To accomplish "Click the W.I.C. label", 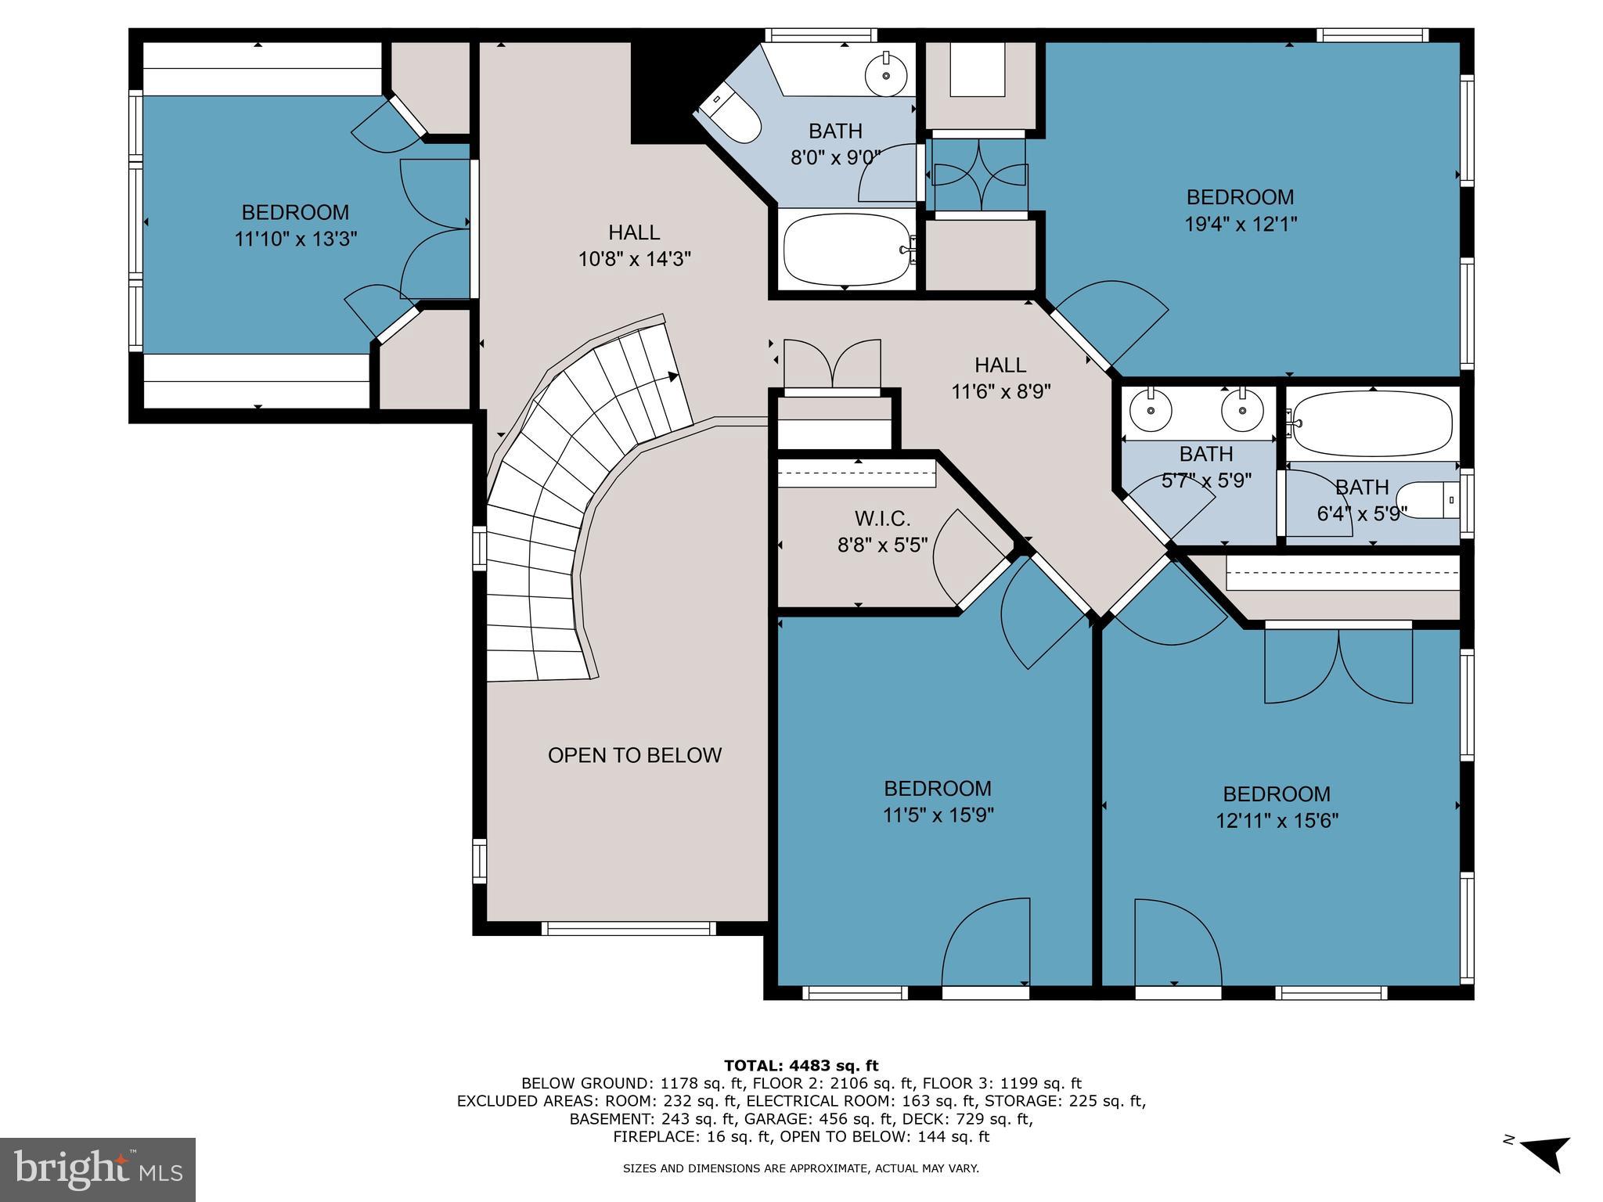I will click(882, 519).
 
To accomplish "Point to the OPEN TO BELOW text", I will click(634, 755).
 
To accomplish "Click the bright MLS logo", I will click(97, 1169).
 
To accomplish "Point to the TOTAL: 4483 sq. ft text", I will click(801, 1065).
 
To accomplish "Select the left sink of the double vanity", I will click(1151, 410).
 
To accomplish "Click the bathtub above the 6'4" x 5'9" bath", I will click(1373, 424).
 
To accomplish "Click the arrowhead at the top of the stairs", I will click(672, 378).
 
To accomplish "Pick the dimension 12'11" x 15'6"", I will click(1277, 821).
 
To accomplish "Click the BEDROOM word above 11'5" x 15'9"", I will click(938, 788).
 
